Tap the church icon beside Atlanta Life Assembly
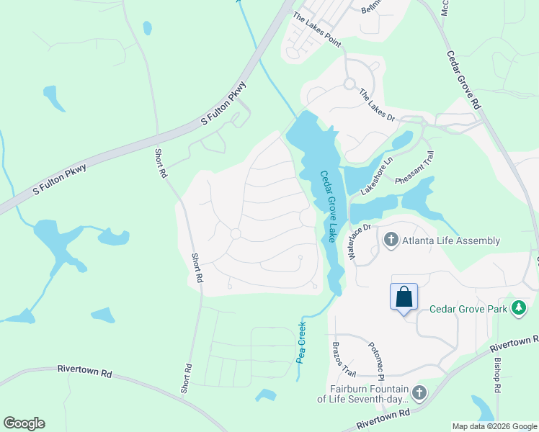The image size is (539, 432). tap(391, 240)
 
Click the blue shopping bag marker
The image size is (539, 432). tap(404, 297)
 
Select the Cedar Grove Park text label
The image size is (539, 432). tap(469, 309)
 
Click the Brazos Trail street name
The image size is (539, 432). tap(344, 359)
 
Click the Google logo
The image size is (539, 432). tap(24, 423)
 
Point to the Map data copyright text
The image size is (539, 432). tap(494, 426)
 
